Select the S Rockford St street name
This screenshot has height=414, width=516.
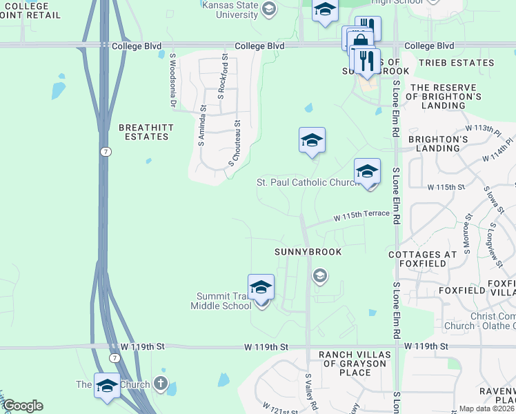[x=223, y=77]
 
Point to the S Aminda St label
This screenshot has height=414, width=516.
[x=201, y=125]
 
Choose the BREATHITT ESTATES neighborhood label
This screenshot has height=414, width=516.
[x=143, y=132]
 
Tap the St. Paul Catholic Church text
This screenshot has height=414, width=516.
[x=305, y=183]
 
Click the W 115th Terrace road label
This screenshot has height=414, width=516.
[x=361, y=215]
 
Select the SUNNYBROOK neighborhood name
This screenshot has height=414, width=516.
[x=308, y=252]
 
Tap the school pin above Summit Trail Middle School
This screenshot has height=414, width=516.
[x=261, y=288]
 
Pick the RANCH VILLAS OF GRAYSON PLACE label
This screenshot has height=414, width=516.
[x=345, y=364]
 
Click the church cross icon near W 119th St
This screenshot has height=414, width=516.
[x=161, y=384]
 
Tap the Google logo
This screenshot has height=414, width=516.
[x=22, y=406]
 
